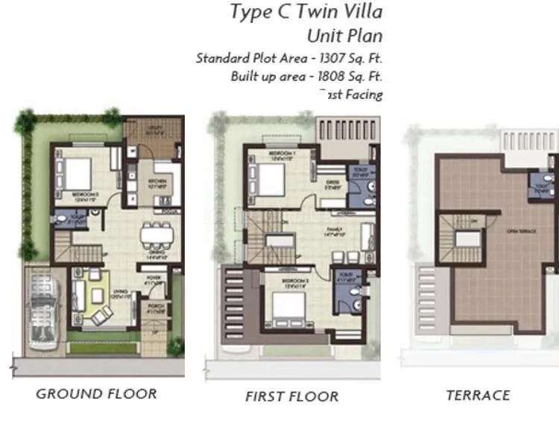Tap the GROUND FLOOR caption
point(96,394)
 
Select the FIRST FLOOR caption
point(291,396)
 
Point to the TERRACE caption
point(478,396)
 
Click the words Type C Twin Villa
point(306,12)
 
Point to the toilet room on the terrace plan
point(540,184)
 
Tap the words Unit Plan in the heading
point(345,35)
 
